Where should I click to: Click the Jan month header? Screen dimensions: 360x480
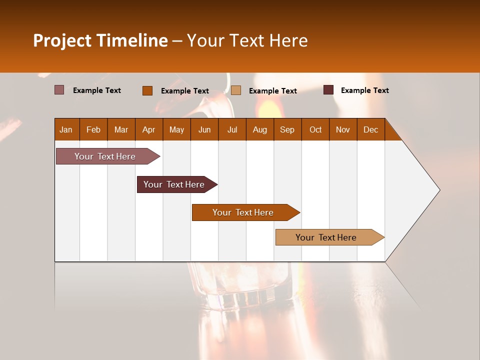tap(66, 129)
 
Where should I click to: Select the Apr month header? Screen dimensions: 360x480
tap(148, 129)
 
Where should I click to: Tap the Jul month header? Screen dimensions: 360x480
tap(232, 129)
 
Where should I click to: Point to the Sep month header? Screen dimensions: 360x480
tap(287, 129)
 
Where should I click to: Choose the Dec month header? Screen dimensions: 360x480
tap(370, 129)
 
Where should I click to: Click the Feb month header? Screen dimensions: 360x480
tap(93, 129)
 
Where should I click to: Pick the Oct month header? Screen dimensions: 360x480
tap(315, 129)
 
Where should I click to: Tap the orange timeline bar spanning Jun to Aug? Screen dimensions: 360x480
tap(243, 212)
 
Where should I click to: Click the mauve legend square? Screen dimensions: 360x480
tap(59, 90)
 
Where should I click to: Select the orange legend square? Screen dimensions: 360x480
tap(147, 90)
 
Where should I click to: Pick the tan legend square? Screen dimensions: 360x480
tap(236, 90)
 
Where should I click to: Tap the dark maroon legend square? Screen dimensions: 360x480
tap(328, 90)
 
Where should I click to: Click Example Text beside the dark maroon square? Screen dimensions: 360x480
tap(364, 90)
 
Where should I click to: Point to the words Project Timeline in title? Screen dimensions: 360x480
tap(100, 40)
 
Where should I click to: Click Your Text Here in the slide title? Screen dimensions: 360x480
tap(247, 40)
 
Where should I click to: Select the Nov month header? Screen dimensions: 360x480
tap(343, 129)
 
